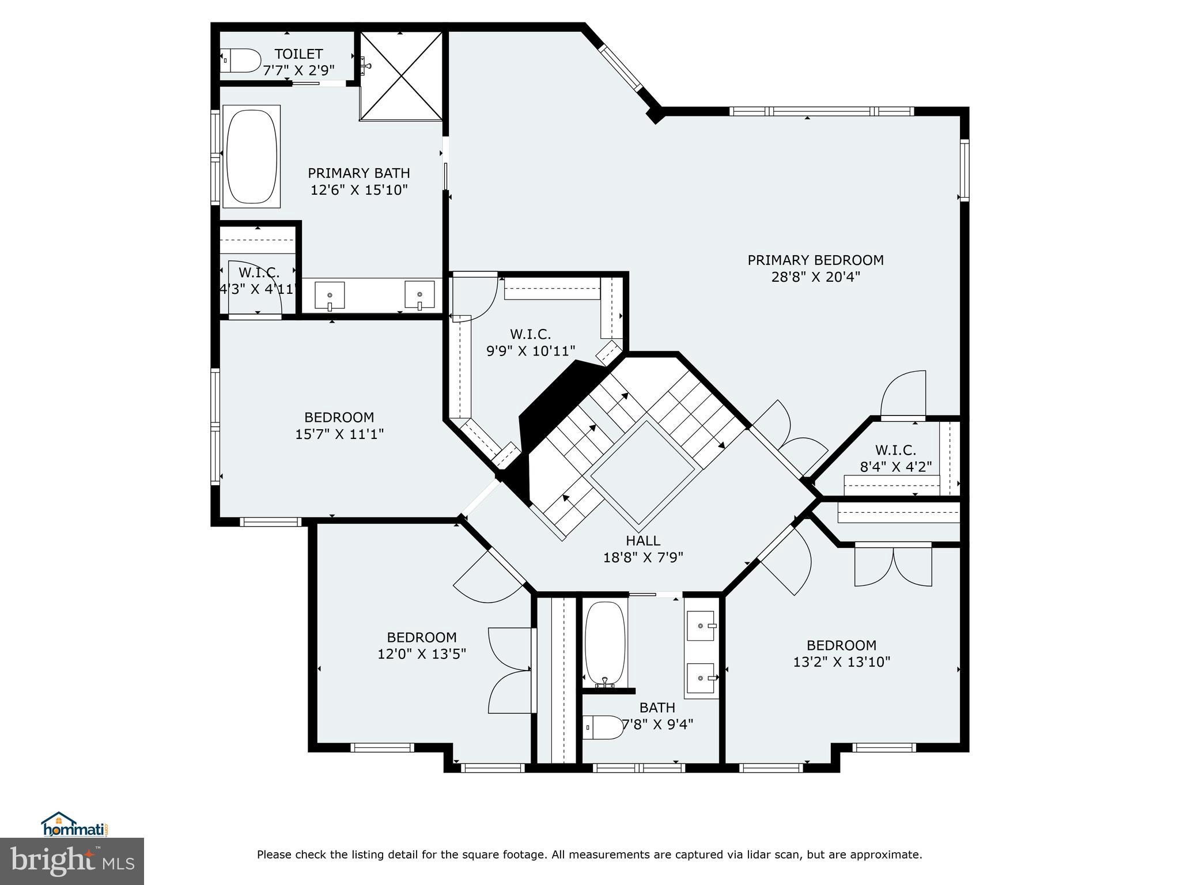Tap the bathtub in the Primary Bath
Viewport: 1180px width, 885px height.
(x=252, y=156)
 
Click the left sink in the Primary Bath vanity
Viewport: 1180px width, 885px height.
(x=330, y=294)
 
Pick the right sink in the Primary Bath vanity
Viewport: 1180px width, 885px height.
(x=419, y=294)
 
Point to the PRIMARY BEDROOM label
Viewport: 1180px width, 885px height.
(x=815, y=260)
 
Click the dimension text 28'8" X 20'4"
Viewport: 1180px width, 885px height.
(x=815, y=277)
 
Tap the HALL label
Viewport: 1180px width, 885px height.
(x=643, y=540)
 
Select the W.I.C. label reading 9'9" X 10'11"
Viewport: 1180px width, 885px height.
(x=531, y=342)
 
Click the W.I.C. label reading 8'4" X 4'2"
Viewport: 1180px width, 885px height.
(x=895, y=459)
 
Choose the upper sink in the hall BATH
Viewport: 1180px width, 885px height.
(x=701, y=626)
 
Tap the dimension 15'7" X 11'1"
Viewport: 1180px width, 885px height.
(x=339, y=433)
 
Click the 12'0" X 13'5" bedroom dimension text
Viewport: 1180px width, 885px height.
(x=422, y=654)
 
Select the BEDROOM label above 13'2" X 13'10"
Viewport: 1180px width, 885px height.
(x=841, y=645)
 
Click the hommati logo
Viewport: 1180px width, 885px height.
(x=74, y=825)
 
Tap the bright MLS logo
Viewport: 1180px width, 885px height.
(x=72, y=862)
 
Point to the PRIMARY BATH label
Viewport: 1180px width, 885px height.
(x=359, y=173)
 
